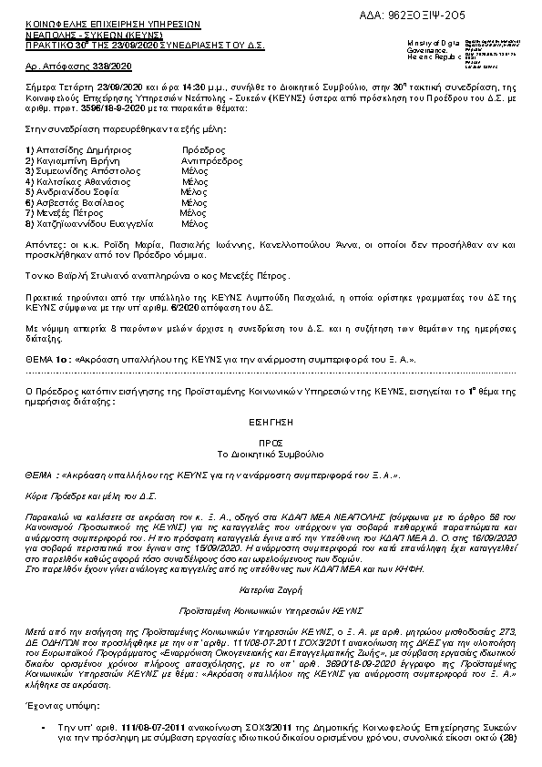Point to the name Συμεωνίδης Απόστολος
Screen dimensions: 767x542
(83, 170)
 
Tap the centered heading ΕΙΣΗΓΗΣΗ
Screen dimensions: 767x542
(271, 424)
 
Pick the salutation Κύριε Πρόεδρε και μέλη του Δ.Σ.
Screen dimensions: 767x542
(78, 496)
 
